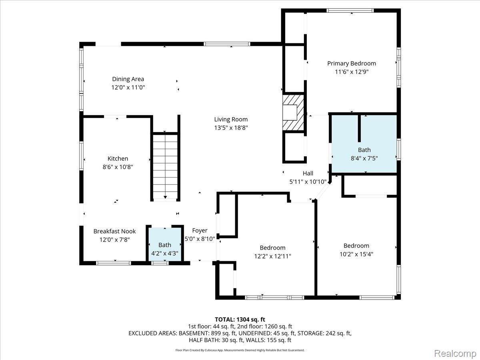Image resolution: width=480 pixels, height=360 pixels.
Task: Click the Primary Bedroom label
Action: tap(352, 64)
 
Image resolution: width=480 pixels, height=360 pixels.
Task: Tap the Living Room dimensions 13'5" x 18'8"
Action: tap(231, 128)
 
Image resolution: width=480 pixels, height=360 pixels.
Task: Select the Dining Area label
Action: tap(128, 79)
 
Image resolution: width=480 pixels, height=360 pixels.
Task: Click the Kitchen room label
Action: tap(118, 158)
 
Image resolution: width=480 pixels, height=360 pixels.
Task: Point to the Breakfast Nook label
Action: tap(114, 231)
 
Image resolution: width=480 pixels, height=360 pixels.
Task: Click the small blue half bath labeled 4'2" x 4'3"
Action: tap(165, 244)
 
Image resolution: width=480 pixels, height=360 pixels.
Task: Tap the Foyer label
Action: tap(200, 231)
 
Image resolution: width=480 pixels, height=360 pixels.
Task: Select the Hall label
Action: tap(308, 173)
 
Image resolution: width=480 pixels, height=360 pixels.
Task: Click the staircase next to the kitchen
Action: tap(165, 166)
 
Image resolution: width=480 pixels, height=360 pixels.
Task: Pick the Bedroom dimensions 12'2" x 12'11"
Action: tap(272, 256)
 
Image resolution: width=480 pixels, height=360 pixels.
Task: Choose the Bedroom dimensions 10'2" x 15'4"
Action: tap(356, 254)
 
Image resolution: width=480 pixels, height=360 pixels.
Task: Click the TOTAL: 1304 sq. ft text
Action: tap(240, 320)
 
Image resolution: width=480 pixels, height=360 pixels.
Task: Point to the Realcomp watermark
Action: tap(455, 354)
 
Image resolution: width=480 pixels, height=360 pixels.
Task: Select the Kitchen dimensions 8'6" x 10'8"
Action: tap(118, 167)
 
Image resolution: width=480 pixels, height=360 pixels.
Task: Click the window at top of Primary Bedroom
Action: tap(350, 10)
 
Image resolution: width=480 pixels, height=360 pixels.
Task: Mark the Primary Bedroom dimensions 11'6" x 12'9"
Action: tap(352, 72)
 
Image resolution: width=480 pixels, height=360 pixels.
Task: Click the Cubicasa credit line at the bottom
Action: tap(240, 350)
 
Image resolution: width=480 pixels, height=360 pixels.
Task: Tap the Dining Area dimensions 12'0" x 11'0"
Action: tap(128, 88)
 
